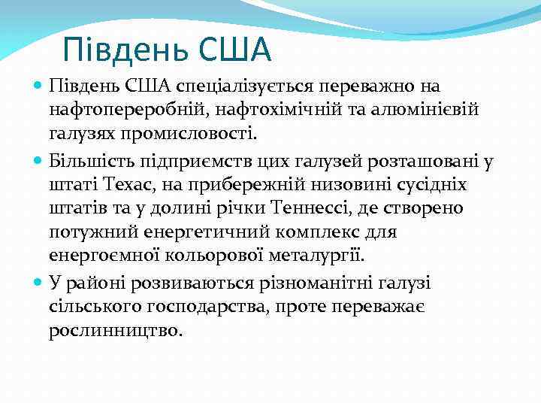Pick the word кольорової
click(198, 256)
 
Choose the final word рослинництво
click(116, 331)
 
